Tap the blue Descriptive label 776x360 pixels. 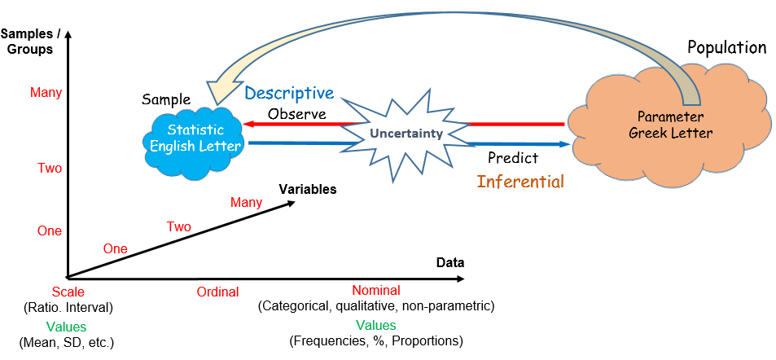coord(290,93)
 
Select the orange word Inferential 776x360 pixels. coord(520,182)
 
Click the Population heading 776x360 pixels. coord(727,47)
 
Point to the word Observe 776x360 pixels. coord(297,114)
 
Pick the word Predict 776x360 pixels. coord(513,158)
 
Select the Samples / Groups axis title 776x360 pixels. coord(27,42)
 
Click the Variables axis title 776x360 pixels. coord(308,190)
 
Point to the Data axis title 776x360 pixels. coord(449,263)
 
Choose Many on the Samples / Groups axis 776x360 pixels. coord(46,93)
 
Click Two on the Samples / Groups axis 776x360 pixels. coord(50,169)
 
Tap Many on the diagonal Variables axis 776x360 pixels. coord(247,203)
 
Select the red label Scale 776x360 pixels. coord(68,292)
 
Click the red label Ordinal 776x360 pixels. coord(217,292)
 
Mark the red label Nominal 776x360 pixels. coord(376,291)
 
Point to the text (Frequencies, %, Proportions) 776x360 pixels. coord(376,341)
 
